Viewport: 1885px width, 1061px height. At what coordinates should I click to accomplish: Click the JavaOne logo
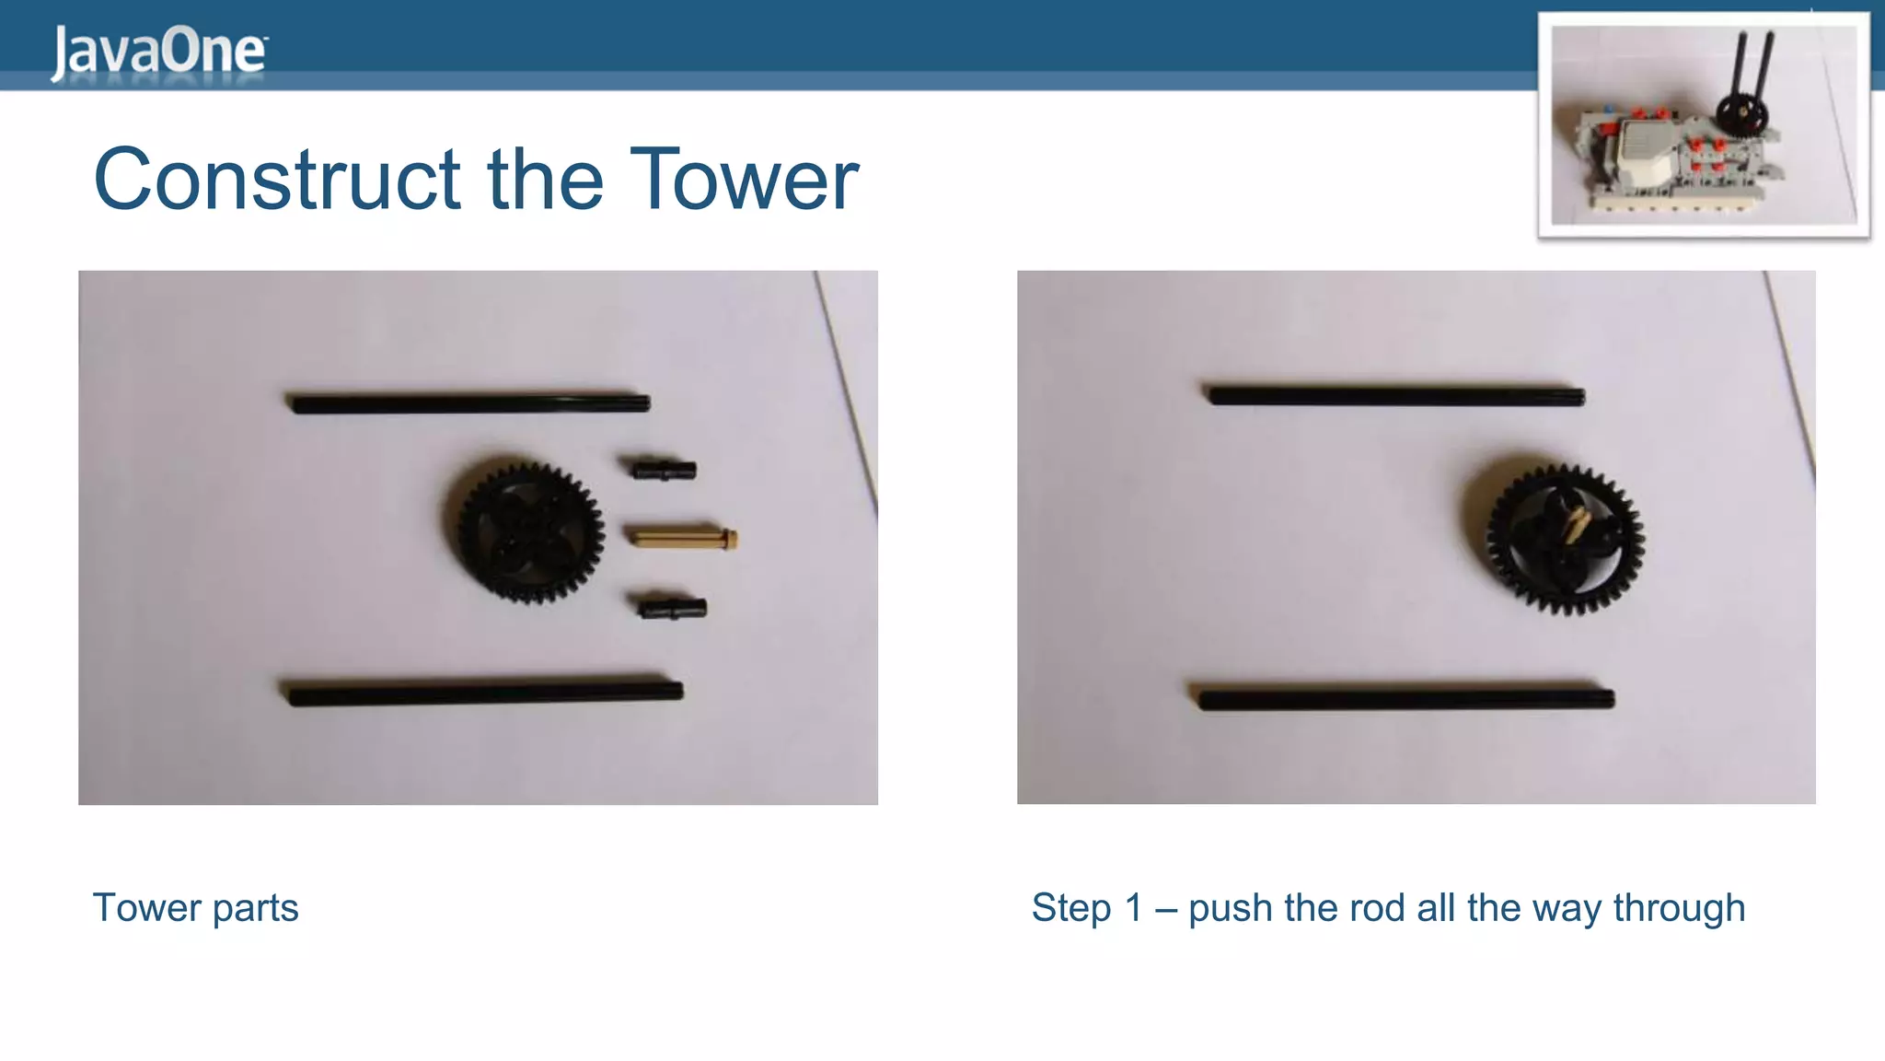[x=158, y=52]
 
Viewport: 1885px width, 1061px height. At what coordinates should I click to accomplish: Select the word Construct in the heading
[x=277, y=180]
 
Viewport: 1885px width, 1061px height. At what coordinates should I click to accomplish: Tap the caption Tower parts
[x=195, y=908]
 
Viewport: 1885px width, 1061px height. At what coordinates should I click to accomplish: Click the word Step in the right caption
[x=1070, y=908]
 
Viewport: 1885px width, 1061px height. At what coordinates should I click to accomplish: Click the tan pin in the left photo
[x=682, y=537]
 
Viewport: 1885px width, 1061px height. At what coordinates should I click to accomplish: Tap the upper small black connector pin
[x=664, y=471]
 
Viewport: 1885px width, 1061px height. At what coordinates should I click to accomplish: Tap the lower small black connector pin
[x=673, y=608]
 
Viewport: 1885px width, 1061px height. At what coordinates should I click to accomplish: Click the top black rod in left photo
[x=469, y=403]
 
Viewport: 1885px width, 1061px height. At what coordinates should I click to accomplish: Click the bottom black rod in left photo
[x=483, y=693]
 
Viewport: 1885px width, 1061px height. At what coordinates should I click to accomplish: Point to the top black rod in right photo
[x=1394, y=396]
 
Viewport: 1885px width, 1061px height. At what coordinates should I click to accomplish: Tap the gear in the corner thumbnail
[x=1741, y=117]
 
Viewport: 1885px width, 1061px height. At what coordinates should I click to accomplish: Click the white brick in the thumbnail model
[x=1645, y=153]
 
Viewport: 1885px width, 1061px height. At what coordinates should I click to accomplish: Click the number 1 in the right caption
[x=1133, y=908]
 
